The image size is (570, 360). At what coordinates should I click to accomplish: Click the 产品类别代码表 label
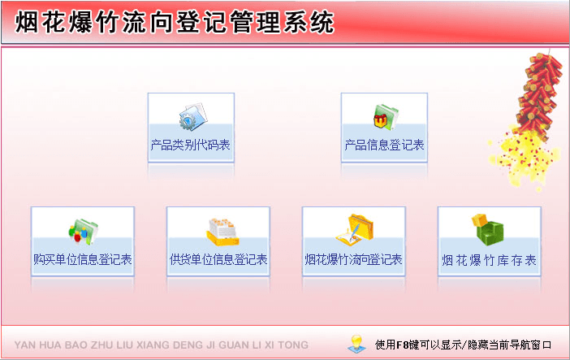pyautogui.click(x=191, y=146)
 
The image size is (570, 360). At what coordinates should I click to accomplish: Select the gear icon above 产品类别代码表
pyautogui.click(x=192, y=118)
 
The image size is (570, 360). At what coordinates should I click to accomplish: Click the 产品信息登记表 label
pyautogui.click(x=384, y=146)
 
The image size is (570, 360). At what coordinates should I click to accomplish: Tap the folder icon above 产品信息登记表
pyautogui.click(x=383, y=118)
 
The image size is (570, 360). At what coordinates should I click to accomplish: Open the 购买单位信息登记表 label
pyautogui.click(x=83, y=260)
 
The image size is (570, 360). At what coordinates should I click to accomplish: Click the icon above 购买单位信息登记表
pyautogui.click(x=83, y=231)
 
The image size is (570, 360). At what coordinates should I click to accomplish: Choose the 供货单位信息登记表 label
pyautogui.click(x=218, y=260)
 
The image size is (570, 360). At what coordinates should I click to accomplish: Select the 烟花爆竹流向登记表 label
pyautogui.click(x=353, y=260)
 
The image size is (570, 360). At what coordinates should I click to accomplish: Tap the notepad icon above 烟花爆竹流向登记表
pyautogui.click(x=355, y=230)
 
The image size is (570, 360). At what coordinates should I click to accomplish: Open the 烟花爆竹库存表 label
pyautogui.click(x=489, y=260)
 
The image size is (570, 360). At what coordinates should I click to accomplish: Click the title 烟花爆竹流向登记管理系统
pyautogui.click(x=175, y=23)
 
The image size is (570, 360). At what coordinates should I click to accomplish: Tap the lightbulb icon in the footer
pyautogui.click(x=354, y=345)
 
